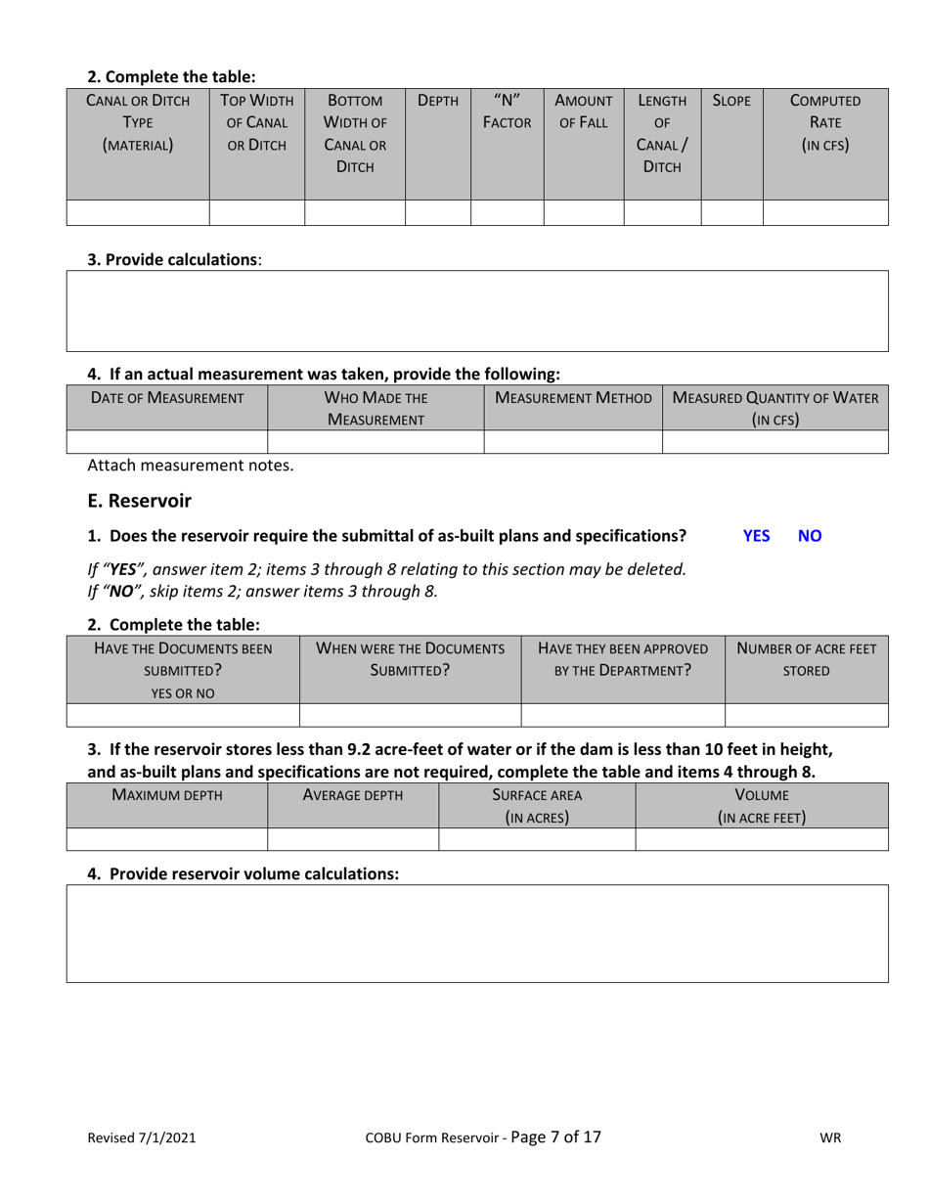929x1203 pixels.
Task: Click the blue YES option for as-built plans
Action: (x=756, y=536)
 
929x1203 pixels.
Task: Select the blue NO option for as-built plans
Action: (x=810, y=536)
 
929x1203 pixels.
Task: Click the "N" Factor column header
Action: (x=507, y=111)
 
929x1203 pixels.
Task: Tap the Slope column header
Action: (x=731, y=101)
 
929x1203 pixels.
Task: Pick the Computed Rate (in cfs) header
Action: (x=824, y=122)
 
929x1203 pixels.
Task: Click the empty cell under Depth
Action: (x=437, y=212)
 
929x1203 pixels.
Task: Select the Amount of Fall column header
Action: (x=583, y=111)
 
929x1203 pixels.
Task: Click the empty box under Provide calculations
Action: (x=477, y=311)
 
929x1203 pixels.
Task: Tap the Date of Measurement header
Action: (x=166, y=398)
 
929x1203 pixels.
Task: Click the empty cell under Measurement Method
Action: (x=573, y=441)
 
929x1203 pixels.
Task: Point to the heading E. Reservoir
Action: (x=139, y=501)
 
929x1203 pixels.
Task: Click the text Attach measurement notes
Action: (x=190, y=466)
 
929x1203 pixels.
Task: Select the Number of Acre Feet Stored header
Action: (x=806, y=659)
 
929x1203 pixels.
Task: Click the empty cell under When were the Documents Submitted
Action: (x=410, y=715)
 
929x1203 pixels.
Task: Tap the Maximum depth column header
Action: (x=167, y=795)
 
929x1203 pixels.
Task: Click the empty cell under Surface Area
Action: (x=537, y=839)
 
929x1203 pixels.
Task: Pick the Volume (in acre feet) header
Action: (x=762, y=806)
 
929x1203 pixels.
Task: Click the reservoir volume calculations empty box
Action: (x=477, y=933)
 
